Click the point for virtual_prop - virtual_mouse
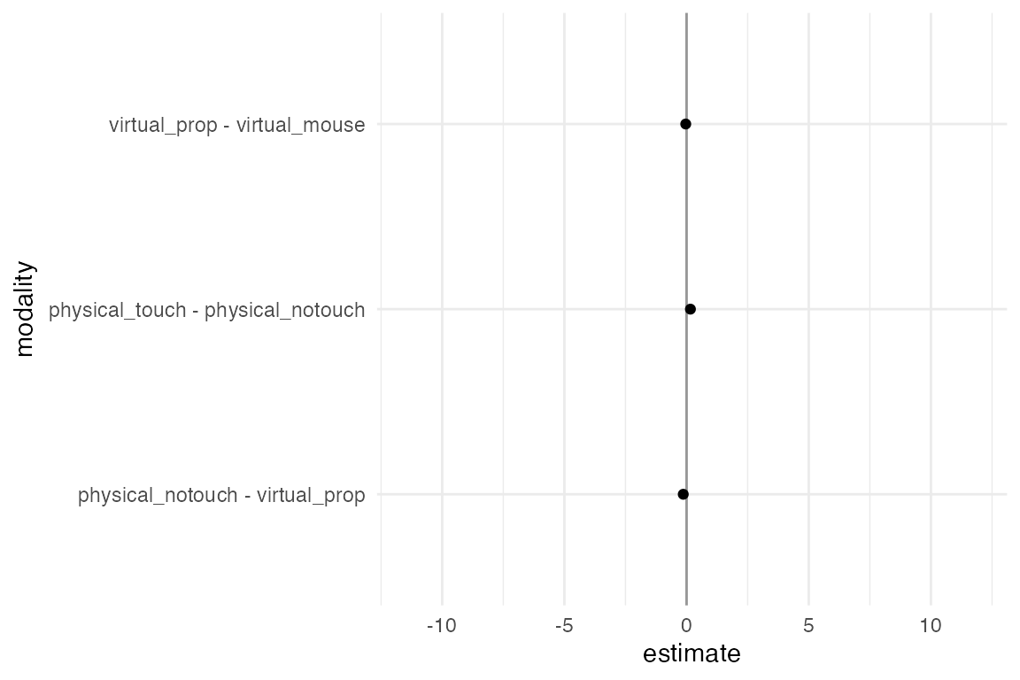click(x=685, y=124)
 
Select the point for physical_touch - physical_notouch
click(x=691, y=309)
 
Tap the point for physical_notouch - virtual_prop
click(x=683, y=494)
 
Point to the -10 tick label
click(x=441, y=626)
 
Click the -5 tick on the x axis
click(x=564, y=626)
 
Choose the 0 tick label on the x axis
click(x=686, y=626)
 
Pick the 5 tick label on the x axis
click(x=808, y=626)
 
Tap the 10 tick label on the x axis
click(x=931, y=626)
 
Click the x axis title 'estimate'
click(x=692, y=654)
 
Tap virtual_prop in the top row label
click(x=163, y=125)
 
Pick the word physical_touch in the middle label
click(x=118, y=310)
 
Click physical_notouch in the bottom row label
click(x=158, y=495)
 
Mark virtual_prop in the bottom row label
click(x=311, y=495)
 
